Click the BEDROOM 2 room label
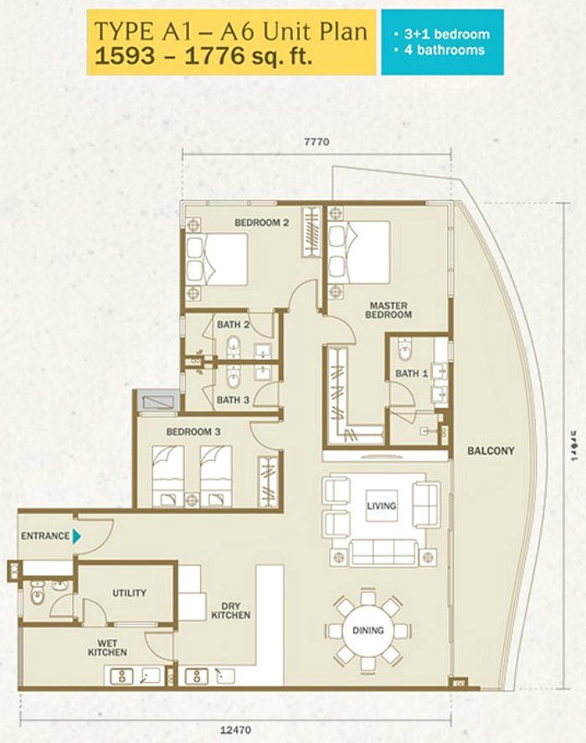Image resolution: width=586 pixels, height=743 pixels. (x=261, y=223)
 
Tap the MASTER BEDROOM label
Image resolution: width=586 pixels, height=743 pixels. (x=388, y=310)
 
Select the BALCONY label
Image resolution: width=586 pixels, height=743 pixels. (x=491, y=451)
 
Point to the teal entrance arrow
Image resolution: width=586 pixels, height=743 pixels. (x=77, y=536)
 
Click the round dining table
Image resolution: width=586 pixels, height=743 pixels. (x=368, y=630)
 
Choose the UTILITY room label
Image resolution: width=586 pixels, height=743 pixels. (x=129, y=593)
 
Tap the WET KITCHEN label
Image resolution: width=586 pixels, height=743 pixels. (x=107, y=647)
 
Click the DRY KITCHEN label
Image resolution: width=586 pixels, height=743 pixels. (x=231, y=610)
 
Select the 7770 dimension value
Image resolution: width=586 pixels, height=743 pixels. (x=317, y=142)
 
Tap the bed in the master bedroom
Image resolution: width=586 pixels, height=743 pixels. (x=361, y=252)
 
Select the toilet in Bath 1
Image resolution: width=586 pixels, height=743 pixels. (x=406, y=349)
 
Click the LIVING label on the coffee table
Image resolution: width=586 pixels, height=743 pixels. (x=381, y=506)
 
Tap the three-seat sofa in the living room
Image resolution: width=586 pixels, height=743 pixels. (x=384, y=552)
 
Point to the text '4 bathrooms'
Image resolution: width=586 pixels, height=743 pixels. (x=441, y=50)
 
